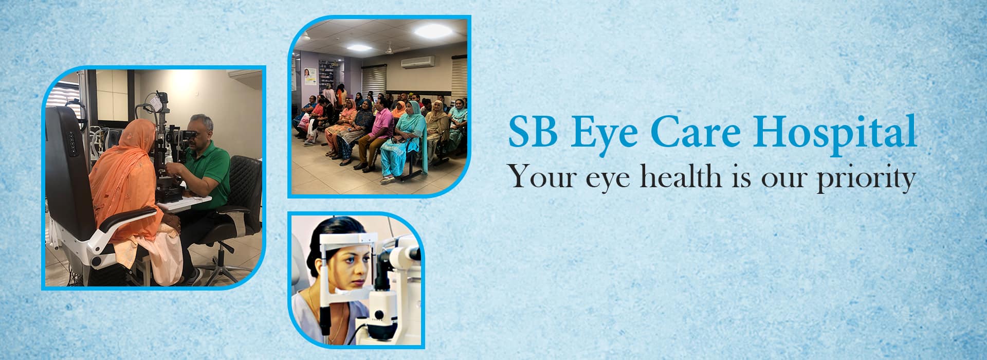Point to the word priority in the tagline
pos(866,178)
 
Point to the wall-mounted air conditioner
pos(417,62)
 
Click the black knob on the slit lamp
pos(379,315)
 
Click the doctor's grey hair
pos(202,123)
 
